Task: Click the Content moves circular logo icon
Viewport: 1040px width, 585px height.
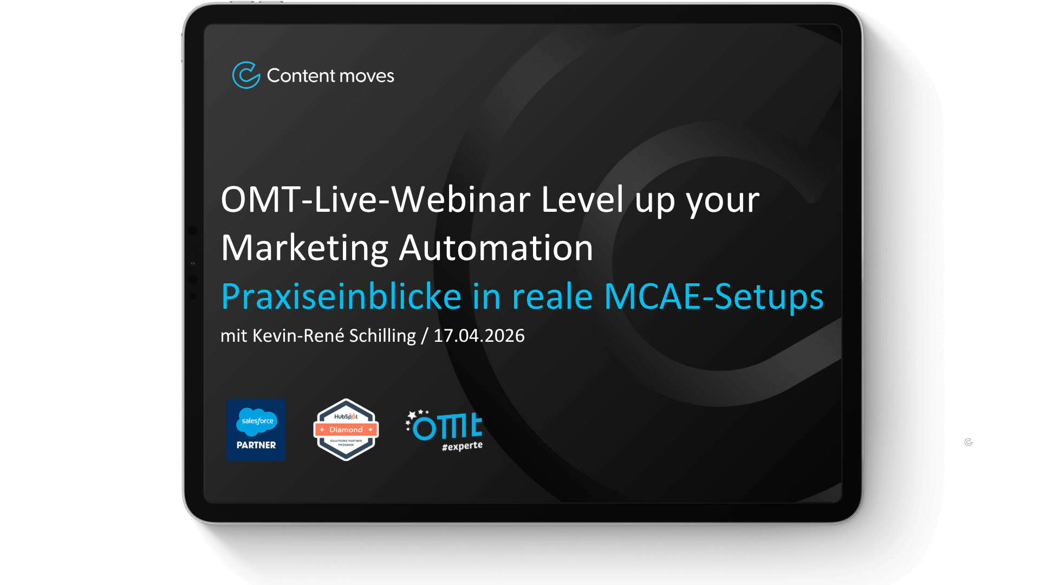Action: (x=246, y=75)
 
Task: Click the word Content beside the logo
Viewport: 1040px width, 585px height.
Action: (x=301, y=76)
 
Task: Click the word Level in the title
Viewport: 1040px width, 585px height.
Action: (x=582, y=200)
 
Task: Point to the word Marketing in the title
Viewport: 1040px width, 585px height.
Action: (x=304, y=248)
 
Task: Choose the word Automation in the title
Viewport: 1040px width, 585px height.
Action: (x=496, y=248)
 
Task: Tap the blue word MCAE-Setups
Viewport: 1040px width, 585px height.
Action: (x=713, y=297)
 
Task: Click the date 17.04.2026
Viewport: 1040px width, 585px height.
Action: (x=479, y=336)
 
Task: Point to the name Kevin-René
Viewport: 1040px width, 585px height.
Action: (x=298, y=336)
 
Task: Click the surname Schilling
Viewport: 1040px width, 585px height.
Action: (x=382, y=336)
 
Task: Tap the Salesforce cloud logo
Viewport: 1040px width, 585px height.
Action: (x=257, y=421)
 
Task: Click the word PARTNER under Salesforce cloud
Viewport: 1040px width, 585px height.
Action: (x=256, y=445)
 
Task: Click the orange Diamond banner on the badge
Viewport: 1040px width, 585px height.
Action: (x=346, y=430)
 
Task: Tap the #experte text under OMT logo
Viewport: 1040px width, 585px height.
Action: (x=462, y=446)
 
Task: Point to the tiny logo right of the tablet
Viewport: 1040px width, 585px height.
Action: (x=968, y=443)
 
